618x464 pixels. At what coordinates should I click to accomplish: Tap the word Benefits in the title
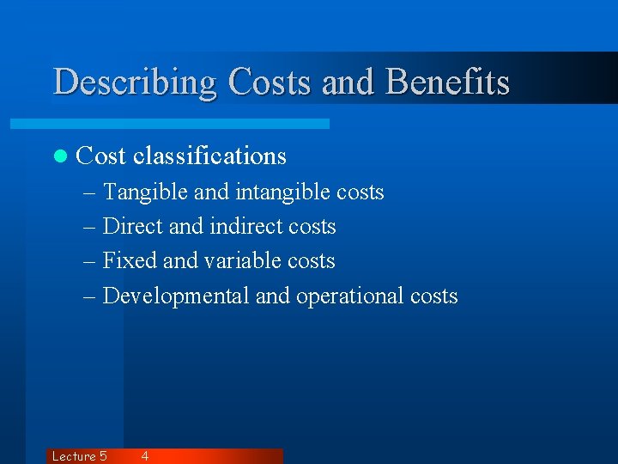click(x=448, y=82)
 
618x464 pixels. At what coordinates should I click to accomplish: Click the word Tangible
click(x=144, y=192)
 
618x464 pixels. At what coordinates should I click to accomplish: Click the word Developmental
click(x=176, y=296)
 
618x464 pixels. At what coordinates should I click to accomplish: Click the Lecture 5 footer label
click(x=79, y=456)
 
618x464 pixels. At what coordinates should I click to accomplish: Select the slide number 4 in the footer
click(x=144, y=456)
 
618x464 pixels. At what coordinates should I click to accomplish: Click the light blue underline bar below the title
click(x=189, y=125)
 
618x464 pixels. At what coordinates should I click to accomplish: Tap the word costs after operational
click(x=433, y=296)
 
